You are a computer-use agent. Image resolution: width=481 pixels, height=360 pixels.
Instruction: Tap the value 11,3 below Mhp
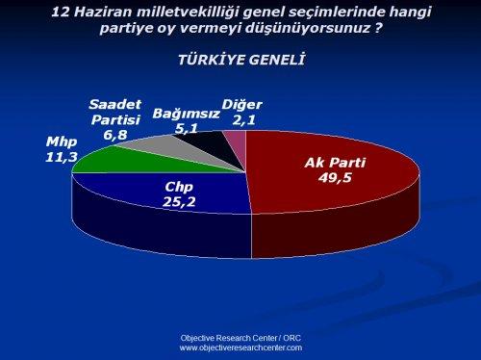click(61, 156)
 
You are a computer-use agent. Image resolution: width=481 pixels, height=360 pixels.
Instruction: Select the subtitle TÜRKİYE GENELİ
click(241, 60)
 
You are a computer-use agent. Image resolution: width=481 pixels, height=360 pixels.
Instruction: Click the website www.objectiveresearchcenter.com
click(240, 347)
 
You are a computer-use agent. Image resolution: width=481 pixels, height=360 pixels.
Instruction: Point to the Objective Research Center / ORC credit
click(240, 338)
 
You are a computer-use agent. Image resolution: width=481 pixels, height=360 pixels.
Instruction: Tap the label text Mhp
click(61, 142)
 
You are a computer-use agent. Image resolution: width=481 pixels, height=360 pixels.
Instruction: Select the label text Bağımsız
click(187, 113)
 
